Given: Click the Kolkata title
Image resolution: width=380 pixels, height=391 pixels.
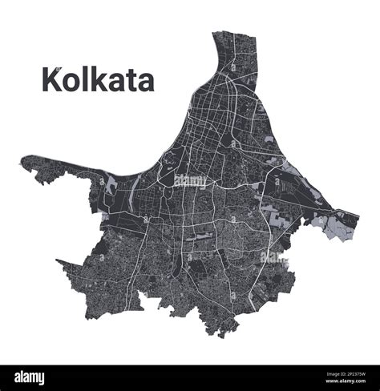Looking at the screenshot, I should tap(97, 79).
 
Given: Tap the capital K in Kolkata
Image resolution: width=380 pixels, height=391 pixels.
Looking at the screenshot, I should tap(51, 80).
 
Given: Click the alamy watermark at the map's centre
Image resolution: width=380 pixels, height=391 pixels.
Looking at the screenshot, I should tap(190, 180).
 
